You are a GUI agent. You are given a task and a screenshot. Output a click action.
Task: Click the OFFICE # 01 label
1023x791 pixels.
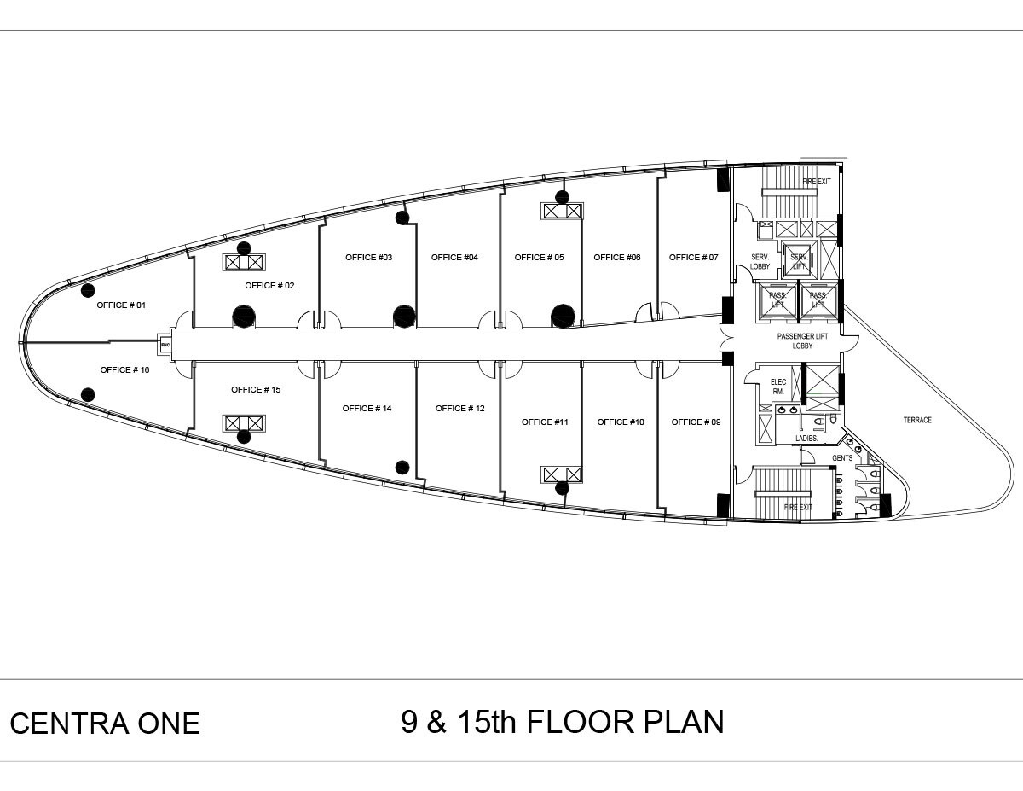[121, 305]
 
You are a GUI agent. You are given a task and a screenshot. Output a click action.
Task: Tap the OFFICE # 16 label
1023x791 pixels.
[124, 370]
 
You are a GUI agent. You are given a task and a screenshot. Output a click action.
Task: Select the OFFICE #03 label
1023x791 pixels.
[368, 258]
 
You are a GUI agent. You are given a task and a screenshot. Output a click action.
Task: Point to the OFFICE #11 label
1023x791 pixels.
[544, 422]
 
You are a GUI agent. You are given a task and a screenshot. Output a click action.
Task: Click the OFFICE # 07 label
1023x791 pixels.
[693, 258]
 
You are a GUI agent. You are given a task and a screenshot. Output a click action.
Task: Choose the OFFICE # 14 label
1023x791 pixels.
[367, 409]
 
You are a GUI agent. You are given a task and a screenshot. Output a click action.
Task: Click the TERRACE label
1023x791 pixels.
[917, 421]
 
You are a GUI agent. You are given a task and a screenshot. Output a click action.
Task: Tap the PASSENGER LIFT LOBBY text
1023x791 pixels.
[802, 341]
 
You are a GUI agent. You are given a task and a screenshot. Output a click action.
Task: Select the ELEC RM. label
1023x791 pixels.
[777, 387]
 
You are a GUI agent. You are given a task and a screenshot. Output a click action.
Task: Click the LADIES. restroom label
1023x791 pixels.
[806, 439]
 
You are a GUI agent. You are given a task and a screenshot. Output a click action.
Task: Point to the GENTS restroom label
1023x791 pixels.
[842, 459]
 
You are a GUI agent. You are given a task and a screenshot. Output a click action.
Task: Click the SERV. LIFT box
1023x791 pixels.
[799, 261]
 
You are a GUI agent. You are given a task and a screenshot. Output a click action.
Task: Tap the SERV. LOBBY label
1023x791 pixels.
[760, 262]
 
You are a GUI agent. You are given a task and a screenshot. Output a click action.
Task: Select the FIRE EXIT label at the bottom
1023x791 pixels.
[798, 508]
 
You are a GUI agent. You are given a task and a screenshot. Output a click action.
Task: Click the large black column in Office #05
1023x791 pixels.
[562, 317]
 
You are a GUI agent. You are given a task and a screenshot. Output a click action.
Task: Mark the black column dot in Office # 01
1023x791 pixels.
[87, 291]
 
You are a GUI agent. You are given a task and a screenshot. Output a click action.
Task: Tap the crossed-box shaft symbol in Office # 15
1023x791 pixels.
[244, 423]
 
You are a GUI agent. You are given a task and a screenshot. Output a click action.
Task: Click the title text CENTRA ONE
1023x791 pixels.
[105, 724]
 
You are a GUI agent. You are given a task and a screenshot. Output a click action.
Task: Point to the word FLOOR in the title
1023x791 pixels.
[579, 722]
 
